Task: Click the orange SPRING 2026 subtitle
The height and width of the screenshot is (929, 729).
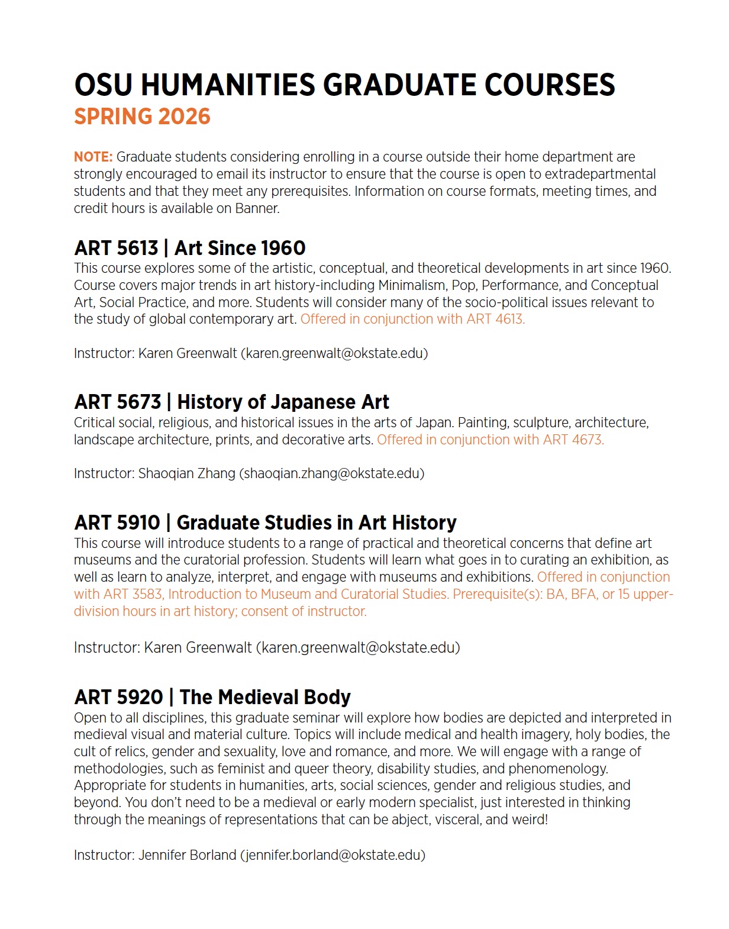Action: click(142, 117)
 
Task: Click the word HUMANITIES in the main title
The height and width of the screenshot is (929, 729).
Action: click(228, 85)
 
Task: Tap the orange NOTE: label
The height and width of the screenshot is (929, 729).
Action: click(93, 157)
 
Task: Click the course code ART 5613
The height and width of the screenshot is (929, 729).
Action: click(117, 248)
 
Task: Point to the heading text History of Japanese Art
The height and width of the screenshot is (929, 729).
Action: click(283, 402)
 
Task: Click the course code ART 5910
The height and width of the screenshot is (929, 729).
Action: click(117, 523)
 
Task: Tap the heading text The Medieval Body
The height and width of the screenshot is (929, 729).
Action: click(265, 697)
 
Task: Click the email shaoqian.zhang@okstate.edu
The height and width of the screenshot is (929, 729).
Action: click(331, 473)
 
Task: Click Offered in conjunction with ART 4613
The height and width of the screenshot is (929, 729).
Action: click(412, 319)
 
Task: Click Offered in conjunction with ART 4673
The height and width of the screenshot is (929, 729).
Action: click(490, 440)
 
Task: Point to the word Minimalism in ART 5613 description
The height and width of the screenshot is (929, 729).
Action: click(412, 285)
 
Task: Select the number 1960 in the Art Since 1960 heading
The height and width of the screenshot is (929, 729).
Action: click(283, 248)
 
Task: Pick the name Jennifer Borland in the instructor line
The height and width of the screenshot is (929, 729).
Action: click(187, 855)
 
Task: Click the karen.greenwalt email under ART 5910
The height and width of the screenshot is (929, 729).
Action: click(358, 647)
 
